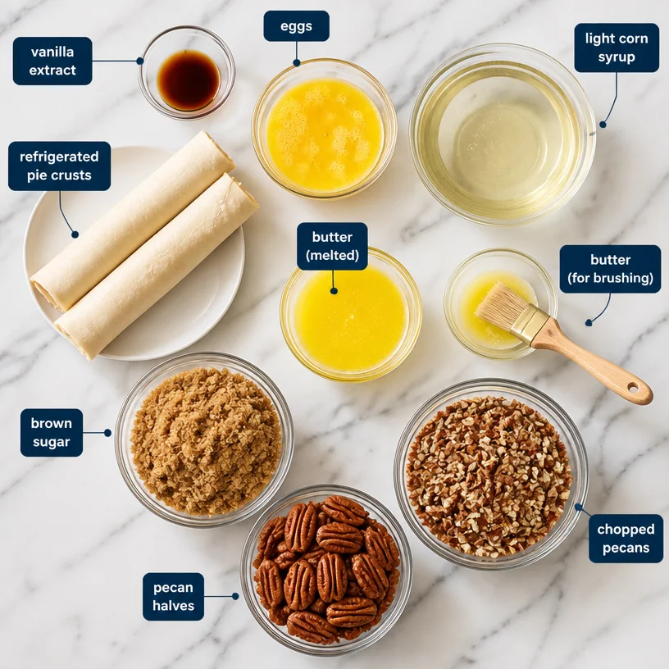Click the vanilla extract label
52,61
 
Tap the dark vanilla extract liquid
189,80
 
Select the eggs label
296,26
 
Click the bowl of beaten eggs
325,129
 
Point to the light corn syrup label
617,48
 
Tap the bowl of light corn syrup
503,134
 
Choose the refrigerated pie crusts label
59,166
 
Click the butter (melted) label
332,246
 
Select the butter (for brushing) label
610,269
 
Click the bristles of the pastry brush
500,304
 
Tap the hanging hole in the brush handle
633,388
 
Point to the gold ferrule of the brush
530,325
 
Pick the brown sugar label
52,433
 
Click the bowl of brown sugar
204,439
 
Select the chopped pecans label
626,539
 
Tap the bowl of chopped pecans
490,474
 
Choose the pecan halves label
173,597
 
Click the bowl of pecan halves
326,571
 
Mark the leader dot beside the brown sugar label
107,433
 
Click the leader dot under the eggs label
297,62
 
